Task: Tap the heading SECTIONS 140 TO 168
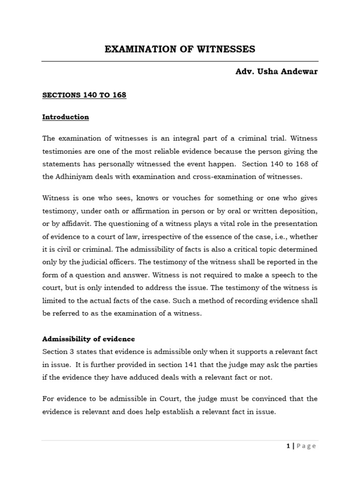84,95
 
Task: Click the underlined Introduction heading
66,117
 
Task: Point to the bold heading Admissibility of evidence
89,338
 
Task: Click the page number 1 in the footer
288,446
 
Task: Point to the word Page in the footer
306,446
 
